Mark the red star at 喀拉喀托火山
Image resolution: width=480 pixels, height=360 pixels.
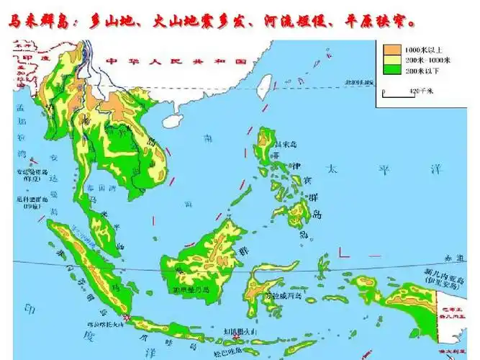(x=127, y=318)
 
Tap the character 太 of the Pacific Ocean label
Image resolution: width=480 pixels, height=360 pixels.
(x=332, y=170)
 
